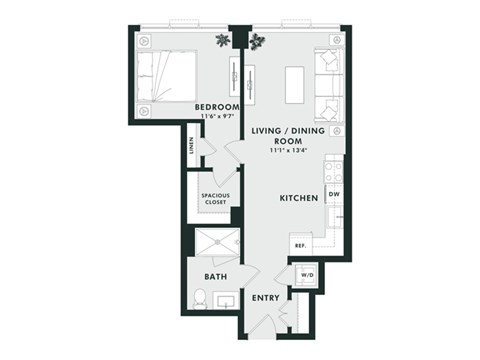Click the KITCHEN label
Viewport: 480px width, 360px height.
pyautogui.click(x=298, y=199)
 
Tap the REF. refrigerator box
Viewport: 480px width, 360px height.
pyautogui.click(x=298, y=245)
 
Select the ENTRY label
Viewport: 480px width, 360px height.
pyautogui.click(x=265, y=297)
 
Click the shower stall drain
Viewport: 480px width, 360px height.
pyautogui.click(x=212, y=241)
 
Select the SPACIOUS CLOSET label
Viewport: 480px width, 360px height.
pyautogui.click(x=216, y=198)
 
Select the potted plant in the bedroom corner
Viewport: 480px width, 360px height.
pyautogui.click(x=222, y=39)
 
